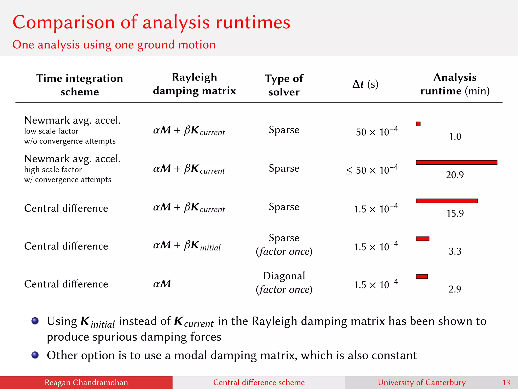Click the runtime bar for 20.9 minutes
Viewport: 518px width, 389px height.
457,162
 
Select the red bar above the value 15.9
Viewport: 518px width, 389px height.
447,201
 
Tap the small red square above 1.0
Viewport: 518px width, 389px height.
418,124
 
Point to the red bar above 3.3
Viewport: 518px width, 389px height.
423,239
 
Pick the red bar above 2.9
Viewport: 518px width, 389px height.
422,277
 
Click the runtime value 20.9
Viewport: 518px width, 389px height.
455,175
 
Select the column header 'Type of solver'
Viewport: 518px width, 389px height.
284,85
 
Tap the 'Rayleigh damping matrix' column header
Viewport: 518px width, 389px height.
194,84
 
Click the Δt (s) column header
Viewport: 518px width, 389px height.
365,84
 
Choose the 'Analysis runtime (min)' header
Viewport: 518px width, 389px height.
455,84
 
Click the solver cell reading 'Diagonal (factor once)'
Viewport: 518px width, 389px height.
284,283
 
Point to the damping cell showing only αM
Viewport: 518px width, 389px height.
162,284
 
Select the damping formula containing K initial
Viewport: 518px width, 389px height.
187,245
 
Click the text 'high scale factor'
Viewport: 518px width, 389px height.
53,169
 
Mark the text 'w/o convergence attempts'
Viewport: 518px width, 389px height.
70,141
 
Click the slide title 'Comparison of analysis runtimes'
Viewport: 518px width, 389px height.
151,22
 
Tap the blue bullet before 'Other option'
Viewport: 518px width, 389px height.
35,355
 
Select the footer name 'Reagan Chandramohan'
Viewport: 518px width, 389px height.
86,382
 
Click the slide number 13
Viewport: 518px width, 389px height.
506,382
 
